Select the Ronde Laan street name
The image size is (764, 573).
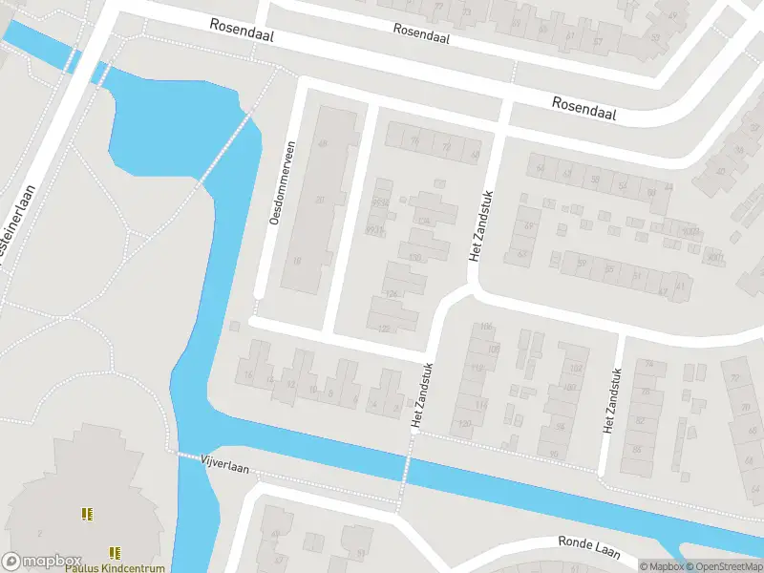tap(589, 548)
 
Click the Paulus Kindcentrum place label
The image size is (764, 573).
tap(115, 567)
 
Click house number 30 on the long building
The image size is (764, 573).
tap(320, 200)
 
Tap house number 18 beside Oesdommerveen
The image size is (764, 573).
tap(298, 261)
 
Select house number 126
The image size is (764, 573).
tap(390, 293)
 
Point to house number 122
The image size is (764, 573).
tap(384, 329)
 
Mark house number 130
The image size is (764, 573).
tap(414, 257)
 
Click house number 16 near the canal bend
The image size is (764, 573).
tap(248, 375)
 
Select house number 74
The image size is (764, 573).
tap(649, 364)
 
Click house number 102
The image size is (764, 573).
tap(575, 369)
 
